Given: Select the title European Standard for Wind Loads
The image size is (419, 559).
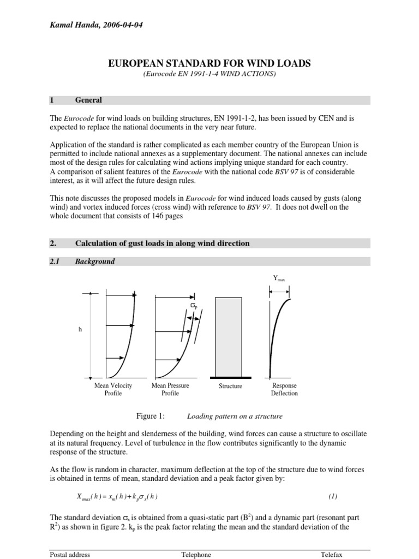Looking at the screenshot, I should click(x=210, y=63).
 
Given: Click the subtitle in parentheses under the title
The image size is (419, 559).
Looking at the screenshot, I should click(x=209, y=74).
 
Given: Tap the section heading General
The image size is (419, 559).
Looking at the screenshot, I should click(x=88, y=100).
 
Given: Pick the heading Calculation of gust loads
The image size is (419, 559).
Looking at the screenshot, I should click(x=162, y=243).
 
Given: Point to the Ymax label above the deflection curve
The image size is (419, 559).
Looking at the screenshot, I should click(x=279, y=278).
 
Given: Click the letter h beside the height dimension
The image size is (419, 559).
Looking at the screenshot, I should click(x=80, y=329).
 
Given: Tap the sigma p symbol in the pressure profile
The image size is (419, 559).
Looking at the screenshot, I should click(x=193, y=307).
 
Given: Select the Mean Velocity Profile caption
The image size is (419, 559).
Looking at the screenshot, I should click(x=113, y=389).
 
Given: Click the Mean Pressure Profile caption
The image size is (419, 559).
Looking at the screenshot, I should click(x=170, y=389).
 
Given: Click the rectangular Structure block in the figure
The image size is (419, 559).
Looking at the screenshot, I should click(x=230, y=336).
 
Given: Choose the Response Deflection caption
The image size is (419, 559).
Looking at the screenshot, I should click(x=284, y=389).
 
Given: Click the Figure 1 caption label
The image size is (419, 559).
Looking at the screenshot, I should click(x=150, y=416).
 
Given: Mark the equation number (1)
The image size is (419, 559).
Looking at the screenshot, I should click(x=333, y=496).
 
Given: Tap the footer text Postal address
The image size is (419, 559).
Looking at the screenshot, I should click(x=69, y=555).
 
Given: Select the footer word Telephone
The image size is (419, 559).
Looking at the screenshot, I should click(x=196, y=555).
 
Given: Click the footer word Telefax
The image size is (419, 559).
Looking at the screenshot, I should click(x=331, y=555).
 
